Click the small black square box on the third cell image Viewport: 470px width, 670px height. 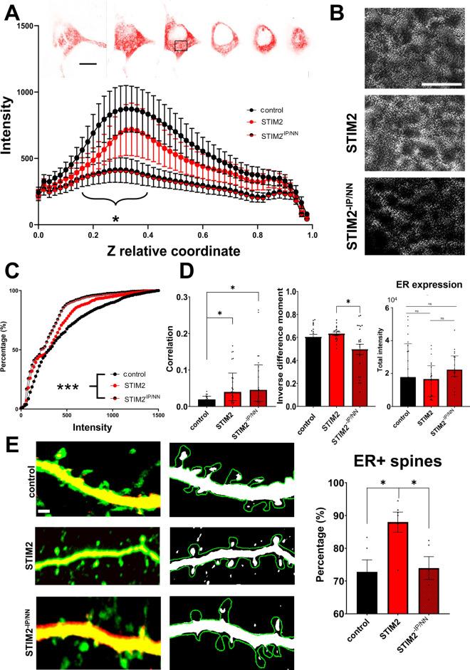(x=181, y=46)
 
